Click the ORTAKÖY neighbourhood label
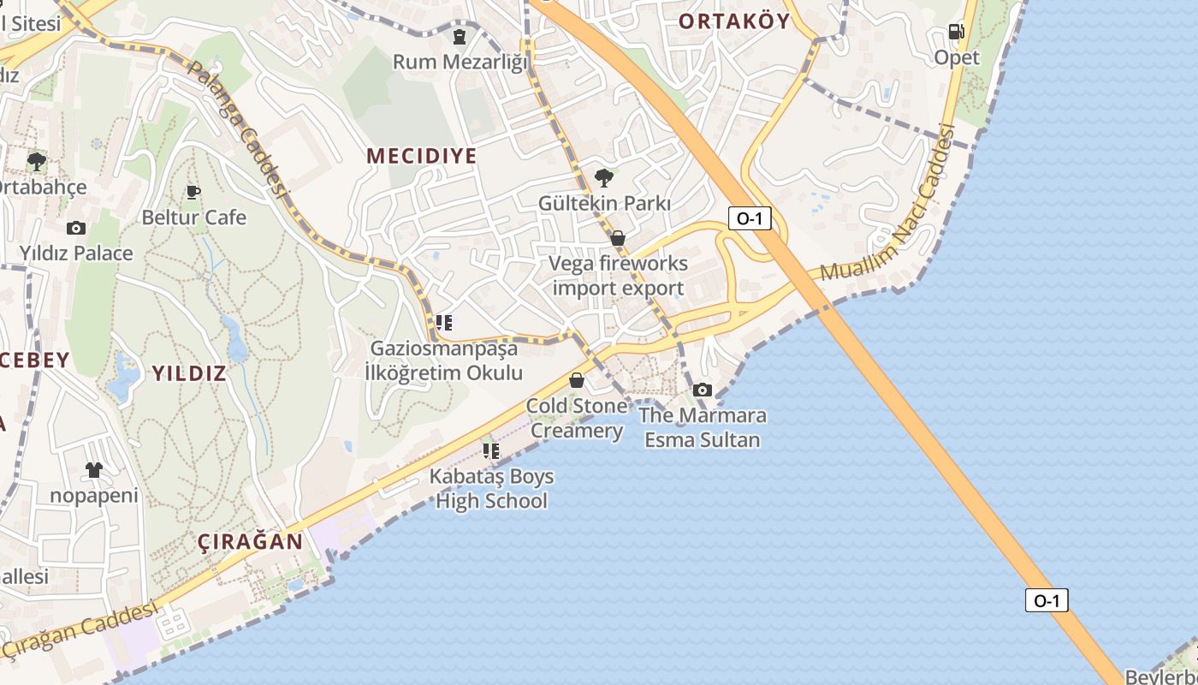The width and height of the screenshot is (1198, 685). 734,21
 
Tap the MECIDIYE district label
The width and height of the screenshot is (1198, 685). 421,156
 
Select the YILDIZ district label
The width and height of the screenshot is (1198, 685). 189,372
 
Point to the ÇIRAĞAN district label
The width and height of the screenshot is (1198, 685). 250,541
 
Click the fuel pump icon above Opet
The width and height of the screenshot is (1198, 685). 956,32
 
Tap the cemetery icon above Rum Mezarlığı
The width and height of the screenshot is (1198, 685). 460,37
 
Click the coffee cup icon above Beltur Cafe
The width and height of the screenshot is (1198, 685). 193,192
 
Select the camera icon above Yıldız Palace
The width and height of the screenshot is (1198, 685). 76,228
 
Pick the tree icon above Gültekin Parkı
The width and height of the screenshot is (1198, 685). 603,177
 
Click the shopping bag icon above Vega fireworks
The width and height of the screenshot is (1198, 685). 617,238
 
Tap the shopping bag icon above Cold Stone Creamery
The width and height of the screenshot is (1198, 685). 577,379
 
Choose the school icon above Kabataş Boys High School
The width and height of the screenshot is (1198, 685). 490,450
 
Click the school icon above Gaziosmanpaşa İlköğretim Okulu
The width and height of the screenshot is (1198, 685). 443,323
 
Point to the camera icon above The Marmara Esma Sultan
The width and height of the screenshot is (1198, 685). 702,390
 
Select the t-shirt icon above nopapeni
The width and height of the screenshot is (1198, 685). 93,470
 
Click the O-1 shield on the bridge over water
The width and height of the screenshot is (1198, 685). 1046,600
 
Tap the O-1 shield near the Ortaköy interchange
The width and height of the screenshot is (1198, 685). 750,218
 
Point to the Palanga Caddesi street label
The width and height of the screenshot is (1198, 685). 237,128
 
